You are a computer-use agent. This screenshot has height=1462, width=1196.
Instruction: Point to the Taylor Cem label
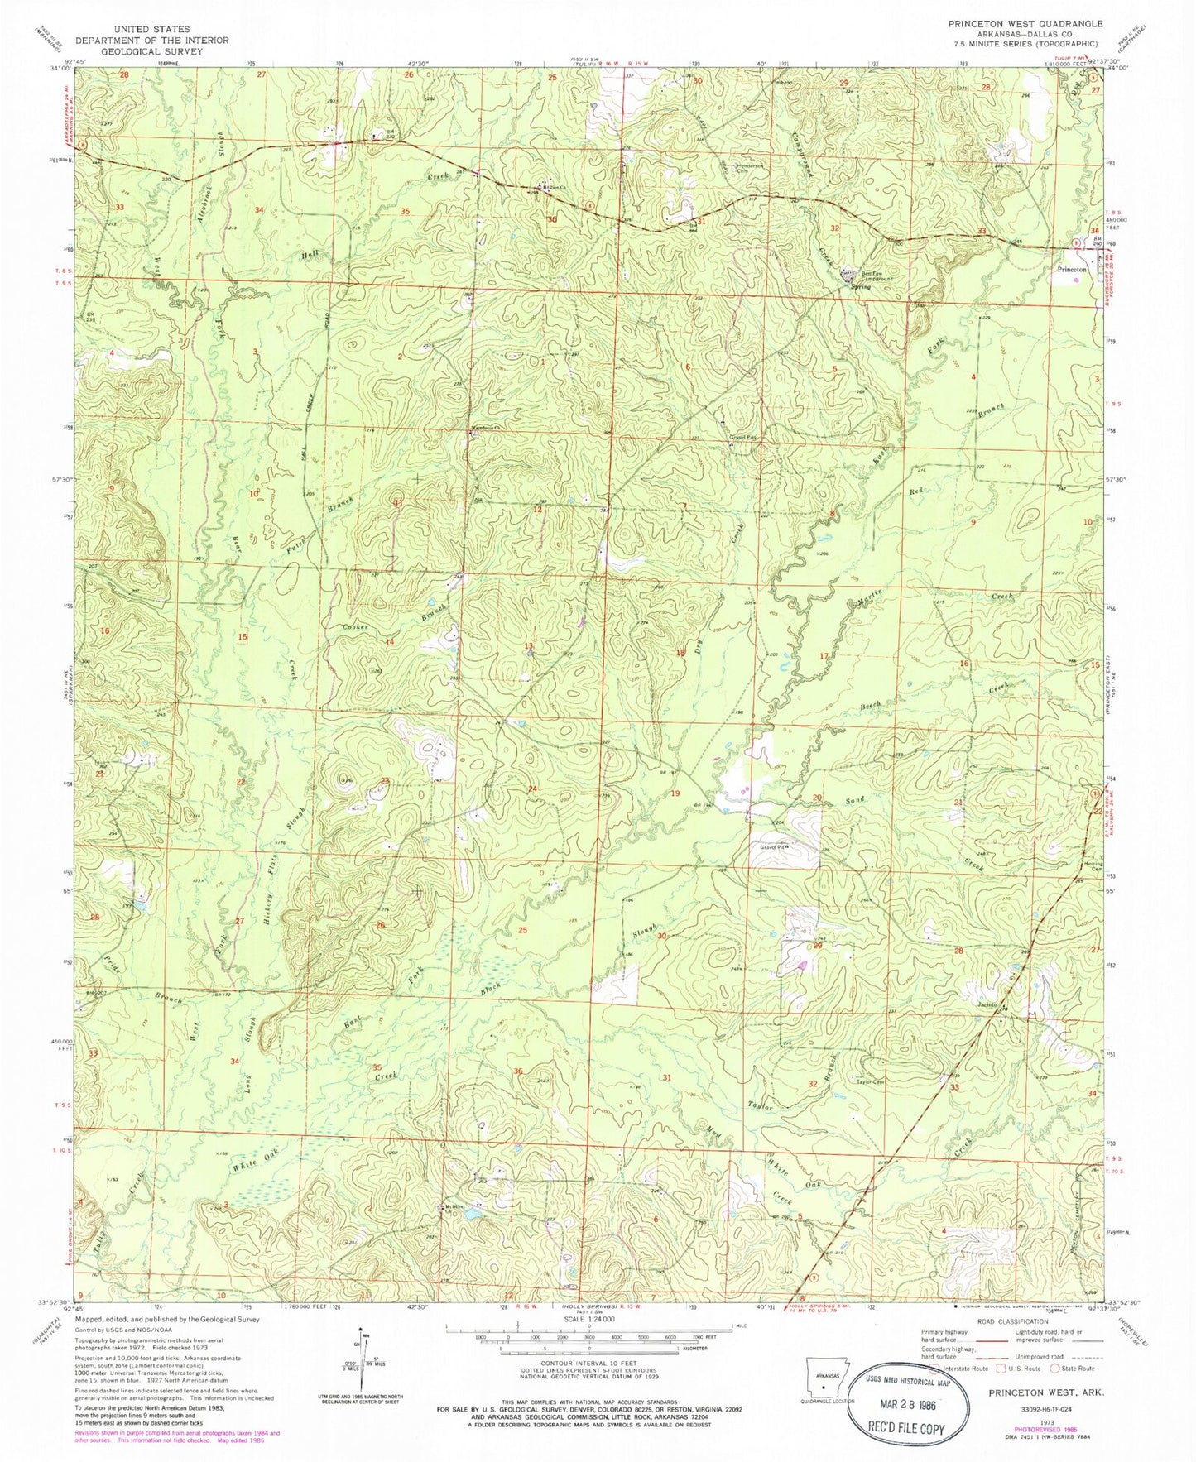[871, 1081]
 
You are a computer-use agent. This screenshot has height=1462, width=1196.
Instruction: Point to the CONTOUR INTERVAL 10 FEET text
[588, 1361]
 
